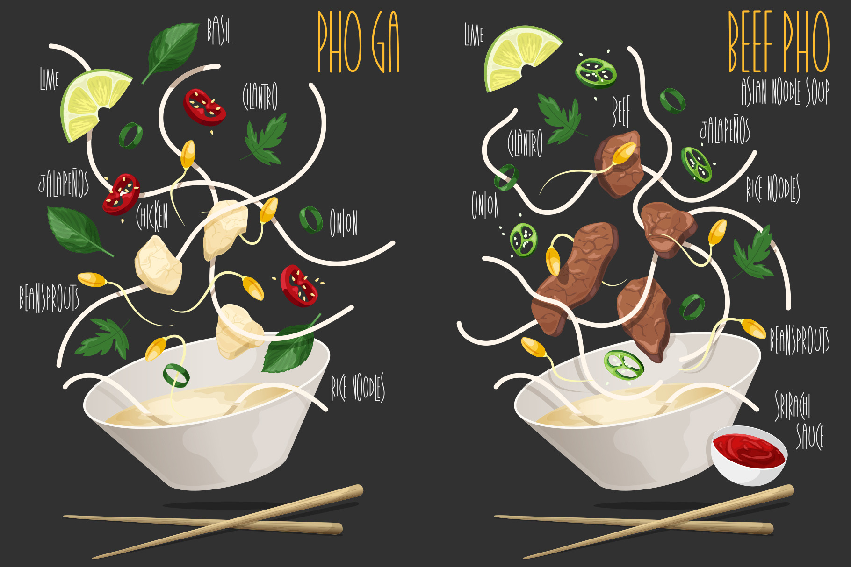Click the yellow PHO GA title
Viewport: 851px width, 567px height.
359,42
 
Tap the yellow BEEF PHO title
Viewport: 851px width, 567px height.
779,42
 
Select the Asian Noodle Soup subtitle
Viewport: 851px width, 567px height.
786,92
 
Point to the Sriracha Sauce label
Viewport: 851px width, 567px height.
799,420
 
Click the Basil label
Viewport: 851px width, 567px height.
220,31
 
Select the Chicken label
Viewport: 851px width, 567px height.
152,216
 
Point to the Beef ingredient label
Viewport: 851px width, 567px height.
621,111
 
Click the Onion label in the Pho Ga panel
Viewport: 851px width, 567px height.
344,223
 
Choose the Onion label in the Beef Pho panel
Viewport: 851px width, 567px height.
485,205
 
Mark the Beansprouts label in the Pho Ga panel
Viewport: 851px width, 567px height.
49,298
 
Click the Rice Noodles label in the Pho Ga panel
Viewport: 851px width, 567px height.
358,387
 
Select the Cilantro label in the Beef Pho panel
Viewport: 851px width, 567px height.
526,142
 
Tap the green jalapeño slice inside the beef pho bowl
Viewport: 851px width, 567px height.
624,364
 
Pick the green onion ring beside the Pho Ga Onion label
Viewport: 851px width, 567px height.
311,220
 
